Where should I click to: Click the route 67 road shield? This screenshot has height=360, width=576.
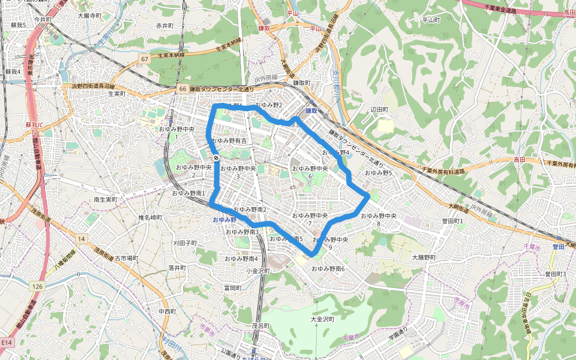click(x=145, y=59)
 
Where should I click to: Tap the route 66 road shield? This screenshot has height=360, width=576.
click(x=182, y=89)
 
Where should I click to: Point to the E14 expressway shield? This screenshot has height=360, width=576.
click(x=7, y=342)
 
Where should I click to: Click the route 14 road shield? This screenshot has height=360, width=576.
click(x=80, y=239)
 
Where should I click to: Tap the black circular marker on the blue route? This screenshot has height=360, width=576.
click(x=216, y=158)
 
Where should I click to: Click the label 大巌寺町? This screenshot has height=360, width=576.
click(x=89, y=16)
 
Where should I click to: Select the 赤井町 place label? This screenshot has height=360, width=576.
click(x=164, y=26)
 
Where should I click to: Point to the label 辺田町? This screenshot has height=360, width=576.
click(x=380, y=110)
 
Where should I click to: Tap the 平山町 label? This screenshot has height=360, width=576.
click(x=431, y=20)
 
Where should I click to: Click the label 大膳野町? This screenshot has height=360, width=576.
click(x=424, y=257)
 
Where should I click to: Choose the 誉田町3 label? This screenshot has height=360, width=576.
click(x=556, y=274)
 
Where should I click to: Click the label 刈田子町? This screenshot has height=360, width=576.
click(x=185, y=243)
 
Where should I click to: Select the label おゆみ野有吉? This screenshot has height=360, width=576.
click(x=229, y=141)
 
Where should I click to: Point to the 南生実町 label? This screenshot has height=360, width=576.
click(x=107, y=199)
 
